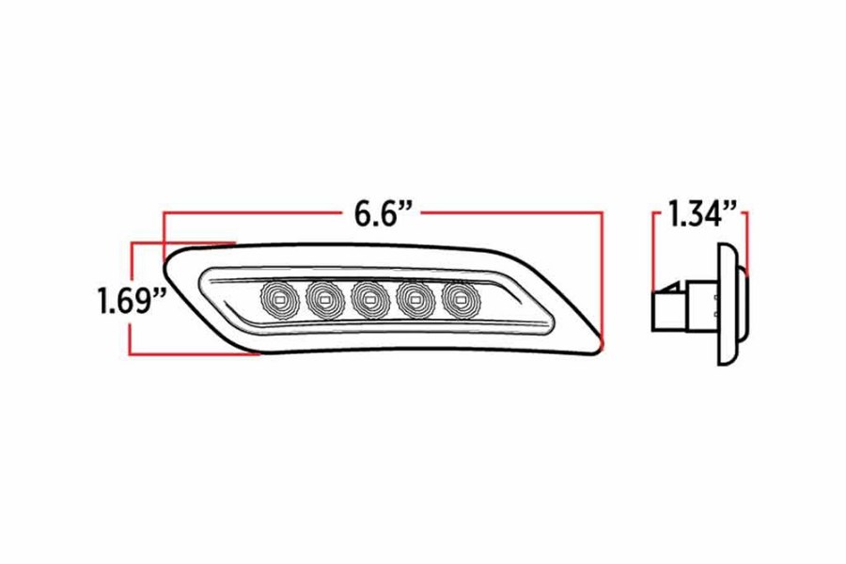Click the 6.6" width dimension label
coord(384,214)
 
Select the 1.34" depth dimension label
coord(700,214)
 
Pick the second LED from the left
coord(322,299)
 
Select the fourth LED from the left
coord(413,299)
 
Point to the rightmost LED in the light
coord(458,299)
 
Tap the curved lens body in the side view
coord(729,303)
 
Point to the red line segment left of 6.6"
coord(254,214)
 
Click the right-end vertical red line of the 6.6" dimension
coord(601,282)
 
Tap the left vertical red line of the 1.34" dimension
coord(653,249)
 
